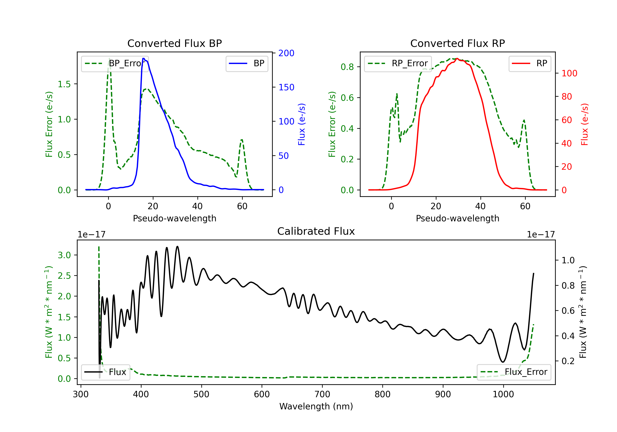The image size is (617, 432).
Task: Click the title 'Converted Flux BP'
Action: click(174, 43)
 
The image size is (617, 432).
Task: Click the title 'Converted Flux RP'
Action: click(457, 43)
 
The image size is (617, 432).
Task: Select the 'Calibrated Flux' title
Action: click(316, 231)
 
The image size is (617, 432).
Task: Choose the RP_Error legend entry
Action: click(398, 63)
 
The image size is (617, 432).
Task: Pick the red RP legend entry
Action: click(530, 63)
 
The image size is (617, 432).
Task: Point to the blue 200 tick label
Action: click(286, 53)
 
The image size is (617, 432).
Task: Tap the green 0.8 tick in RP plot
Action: click(347, 67)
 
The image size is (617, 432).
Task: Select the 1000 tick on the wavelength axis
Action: click(503, 394)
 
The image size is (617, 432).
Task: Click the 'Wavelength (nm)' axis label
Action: click(316, 406)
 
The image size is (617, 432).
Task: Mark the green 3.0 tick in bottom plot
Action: click(64, 255)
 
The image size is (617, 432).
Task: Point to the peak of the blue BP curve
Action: click(144, 58)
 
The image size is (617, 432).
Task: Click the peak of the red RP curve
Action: click(457, 58)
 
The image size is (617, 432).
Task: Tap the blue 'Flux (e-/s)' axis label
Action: click(302, 124)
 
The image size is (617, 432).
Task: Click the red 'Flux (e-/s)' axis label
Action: click(585, 124)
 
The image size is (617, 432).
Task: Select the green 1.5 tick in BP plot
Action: click(64, 84)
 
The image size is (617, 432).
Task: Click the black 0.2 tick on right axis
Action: click(568, 361)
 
